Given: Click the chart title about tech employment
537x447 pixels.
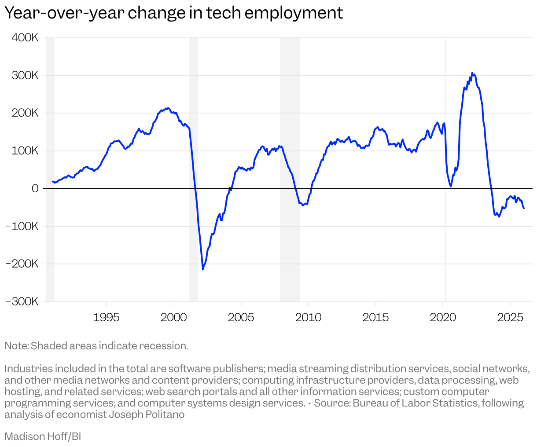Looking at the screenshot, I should (173, 13).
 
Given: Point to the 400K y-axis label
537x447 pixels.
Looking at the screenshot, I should (25, 38).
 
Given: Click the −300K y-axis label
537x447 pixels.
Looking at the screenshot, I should (22, 302).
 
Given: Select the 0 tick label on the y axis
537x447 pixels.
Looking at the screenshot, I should (35, 189).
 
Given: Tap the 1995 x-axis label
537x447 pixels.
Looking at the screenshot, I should (106, 317).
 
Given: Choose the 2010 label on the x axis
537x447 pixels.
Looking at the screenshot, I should (308, 317).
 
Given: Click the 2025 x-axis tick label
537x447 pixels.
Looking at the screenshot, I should (510, 317).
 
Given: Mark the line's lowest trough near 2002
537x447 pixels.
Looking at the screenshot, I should (203, 269).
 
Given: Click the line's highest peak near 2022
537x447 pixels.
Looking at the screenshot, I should (472, 73).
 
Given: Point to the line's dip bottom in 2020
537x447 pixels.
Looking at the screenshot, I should (451, 186).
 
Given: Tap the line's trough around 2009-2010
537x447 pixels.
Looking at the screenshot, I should (303, 205).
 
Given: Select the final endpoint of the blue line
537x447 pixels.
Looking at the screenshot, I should (524, 208).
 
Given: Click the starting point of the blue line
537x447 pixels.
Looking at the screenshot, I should (52, 181).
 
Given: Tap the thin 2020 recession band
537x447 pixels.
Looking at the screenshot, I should (445, 110).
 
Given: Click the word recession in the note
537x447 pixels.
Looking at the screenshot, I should (164, 346).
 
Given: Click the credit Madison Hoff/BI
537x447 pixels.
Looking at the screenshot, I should (43, 436).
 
